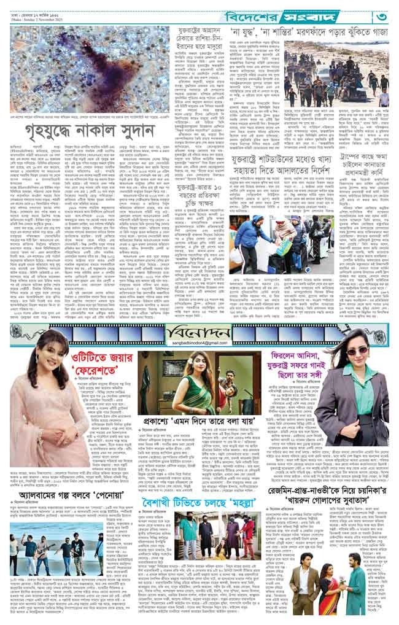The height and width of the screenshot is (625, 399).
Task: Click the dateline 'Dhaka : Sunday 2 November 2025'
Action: pos(56,20)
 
